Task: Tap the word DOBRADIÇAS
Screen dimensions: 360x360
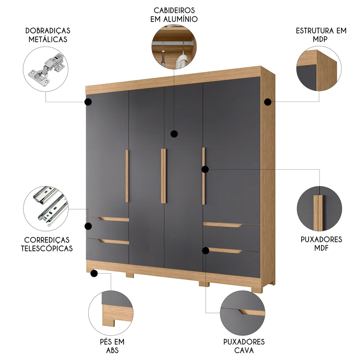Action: pos(48,31)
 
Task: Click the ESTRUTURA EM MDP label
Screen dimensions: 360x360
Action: pos(321,35)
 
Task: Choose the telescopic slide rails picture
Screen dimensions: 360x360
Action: pos(46,208)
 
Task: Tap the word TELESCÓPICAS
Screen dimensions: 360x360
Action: pos(47,248)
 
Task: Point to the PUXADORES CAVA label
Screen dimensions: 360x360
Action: pos(244,346)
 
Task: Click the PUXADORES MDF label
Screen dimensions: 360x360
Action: pos(321,244)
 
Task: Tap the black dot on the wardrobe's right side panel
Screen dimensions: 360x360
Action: pos(267,102)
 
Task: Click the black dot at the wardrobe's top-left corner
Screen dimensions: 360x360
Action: pos(88,102)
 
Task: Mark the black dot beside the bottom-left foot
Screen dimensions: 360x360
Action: pos(94,274)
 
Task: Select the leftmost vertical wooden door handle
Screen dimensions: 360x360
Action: pos(127,176)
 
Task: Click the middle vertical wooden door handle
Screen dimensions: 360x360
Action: pos(163,176)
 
